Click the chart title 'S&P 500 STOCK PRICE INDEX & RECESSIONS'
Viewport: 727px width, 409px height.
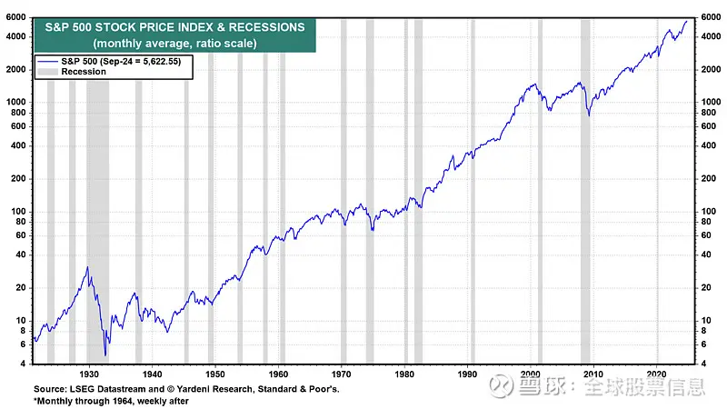tap(174, 27)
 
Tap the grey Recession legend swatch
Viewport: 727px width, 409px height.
tap(47, 71)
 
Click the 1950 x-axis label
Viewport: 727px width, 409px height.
tap(215, 374)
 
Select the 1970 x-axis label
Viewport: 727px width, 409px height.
tap(343, 374)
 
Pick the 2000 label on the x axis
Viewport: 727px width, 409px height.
tap(532, 374)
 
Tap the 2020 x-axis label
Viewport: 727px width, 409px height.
tap(658, 374)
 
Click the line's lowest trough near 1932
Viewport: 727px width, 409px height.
tap(105, 355)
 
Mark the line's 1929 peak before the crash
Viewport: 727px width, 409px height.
tap(87, 267)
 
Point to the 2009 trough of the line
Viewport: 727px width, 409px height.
tap(589, 115)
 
